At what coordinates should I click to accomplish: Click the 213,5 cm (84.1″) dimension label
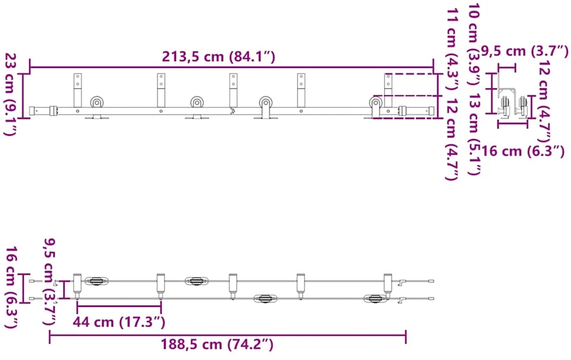(219, 57)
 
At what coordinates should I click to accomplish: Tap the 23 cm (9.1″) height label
(11, 94)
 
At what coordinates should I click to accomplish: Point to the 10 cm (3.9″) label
(474, 44)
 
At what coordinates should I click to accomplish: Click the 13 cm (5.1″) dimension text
(474, 134)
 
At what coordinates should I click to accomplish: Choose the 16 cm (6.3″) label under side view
(523, 151)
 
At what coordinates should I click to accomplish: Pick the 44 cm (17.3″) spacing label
(119, 322)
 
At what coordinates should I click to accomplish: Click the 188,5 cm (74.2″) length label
(217, 344)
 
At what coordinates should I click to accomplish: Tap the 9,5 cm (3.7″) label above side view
(525, 51)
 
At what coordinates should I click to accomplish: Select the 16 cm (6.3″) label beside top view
(12, 287)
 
